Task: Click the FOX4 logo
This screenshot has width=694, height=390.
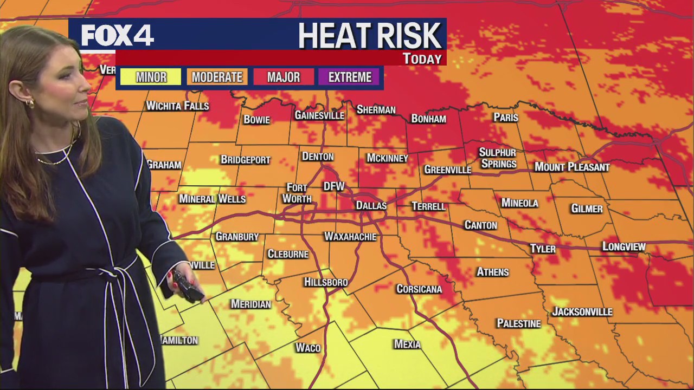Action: pos(117,35)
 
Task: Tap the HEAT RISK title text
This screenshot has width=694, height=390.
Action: pos(370,36)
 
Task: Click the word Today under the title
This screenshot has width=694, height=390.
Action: pos(422,58)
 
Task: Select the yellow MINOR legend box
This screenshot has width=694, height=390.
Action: pos(151,77)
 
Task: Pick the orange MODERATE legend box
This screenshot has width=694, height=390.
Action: pos(217,77)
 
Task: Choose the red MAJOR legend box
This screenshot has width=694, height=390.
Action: pos(283,77)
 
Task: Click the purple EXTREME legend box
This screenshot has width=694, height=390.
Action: pos(350,77)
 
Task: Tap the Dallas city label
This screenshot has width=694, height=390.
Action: pos(371,206)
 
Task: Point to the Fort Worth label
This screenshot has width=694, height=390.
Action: pos(297,193)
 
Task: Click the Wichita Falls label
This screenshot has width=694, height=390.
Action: pos(177,106)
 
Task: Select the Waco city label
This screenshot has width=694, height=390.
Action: pos(308,348)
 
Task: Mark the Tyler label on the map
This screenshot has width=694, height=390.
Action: pos(543,249)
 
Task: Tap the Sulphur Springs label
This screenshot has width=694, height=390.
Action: pos(498,158)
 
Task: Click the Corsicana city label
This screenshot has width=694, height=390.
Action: pos(419,289)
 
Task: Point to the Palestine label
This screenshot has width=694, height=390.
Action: pos(519,323)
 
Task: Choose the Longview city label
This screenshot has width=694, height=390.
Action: pos(624,247)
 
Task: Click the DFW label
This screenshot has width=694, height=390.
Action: pos(334,186)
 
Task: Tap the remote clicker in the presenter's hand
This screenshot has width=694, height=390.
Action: pos(187,285)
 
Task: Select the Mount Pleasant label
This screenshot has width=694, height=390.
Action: pos(572,167)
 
